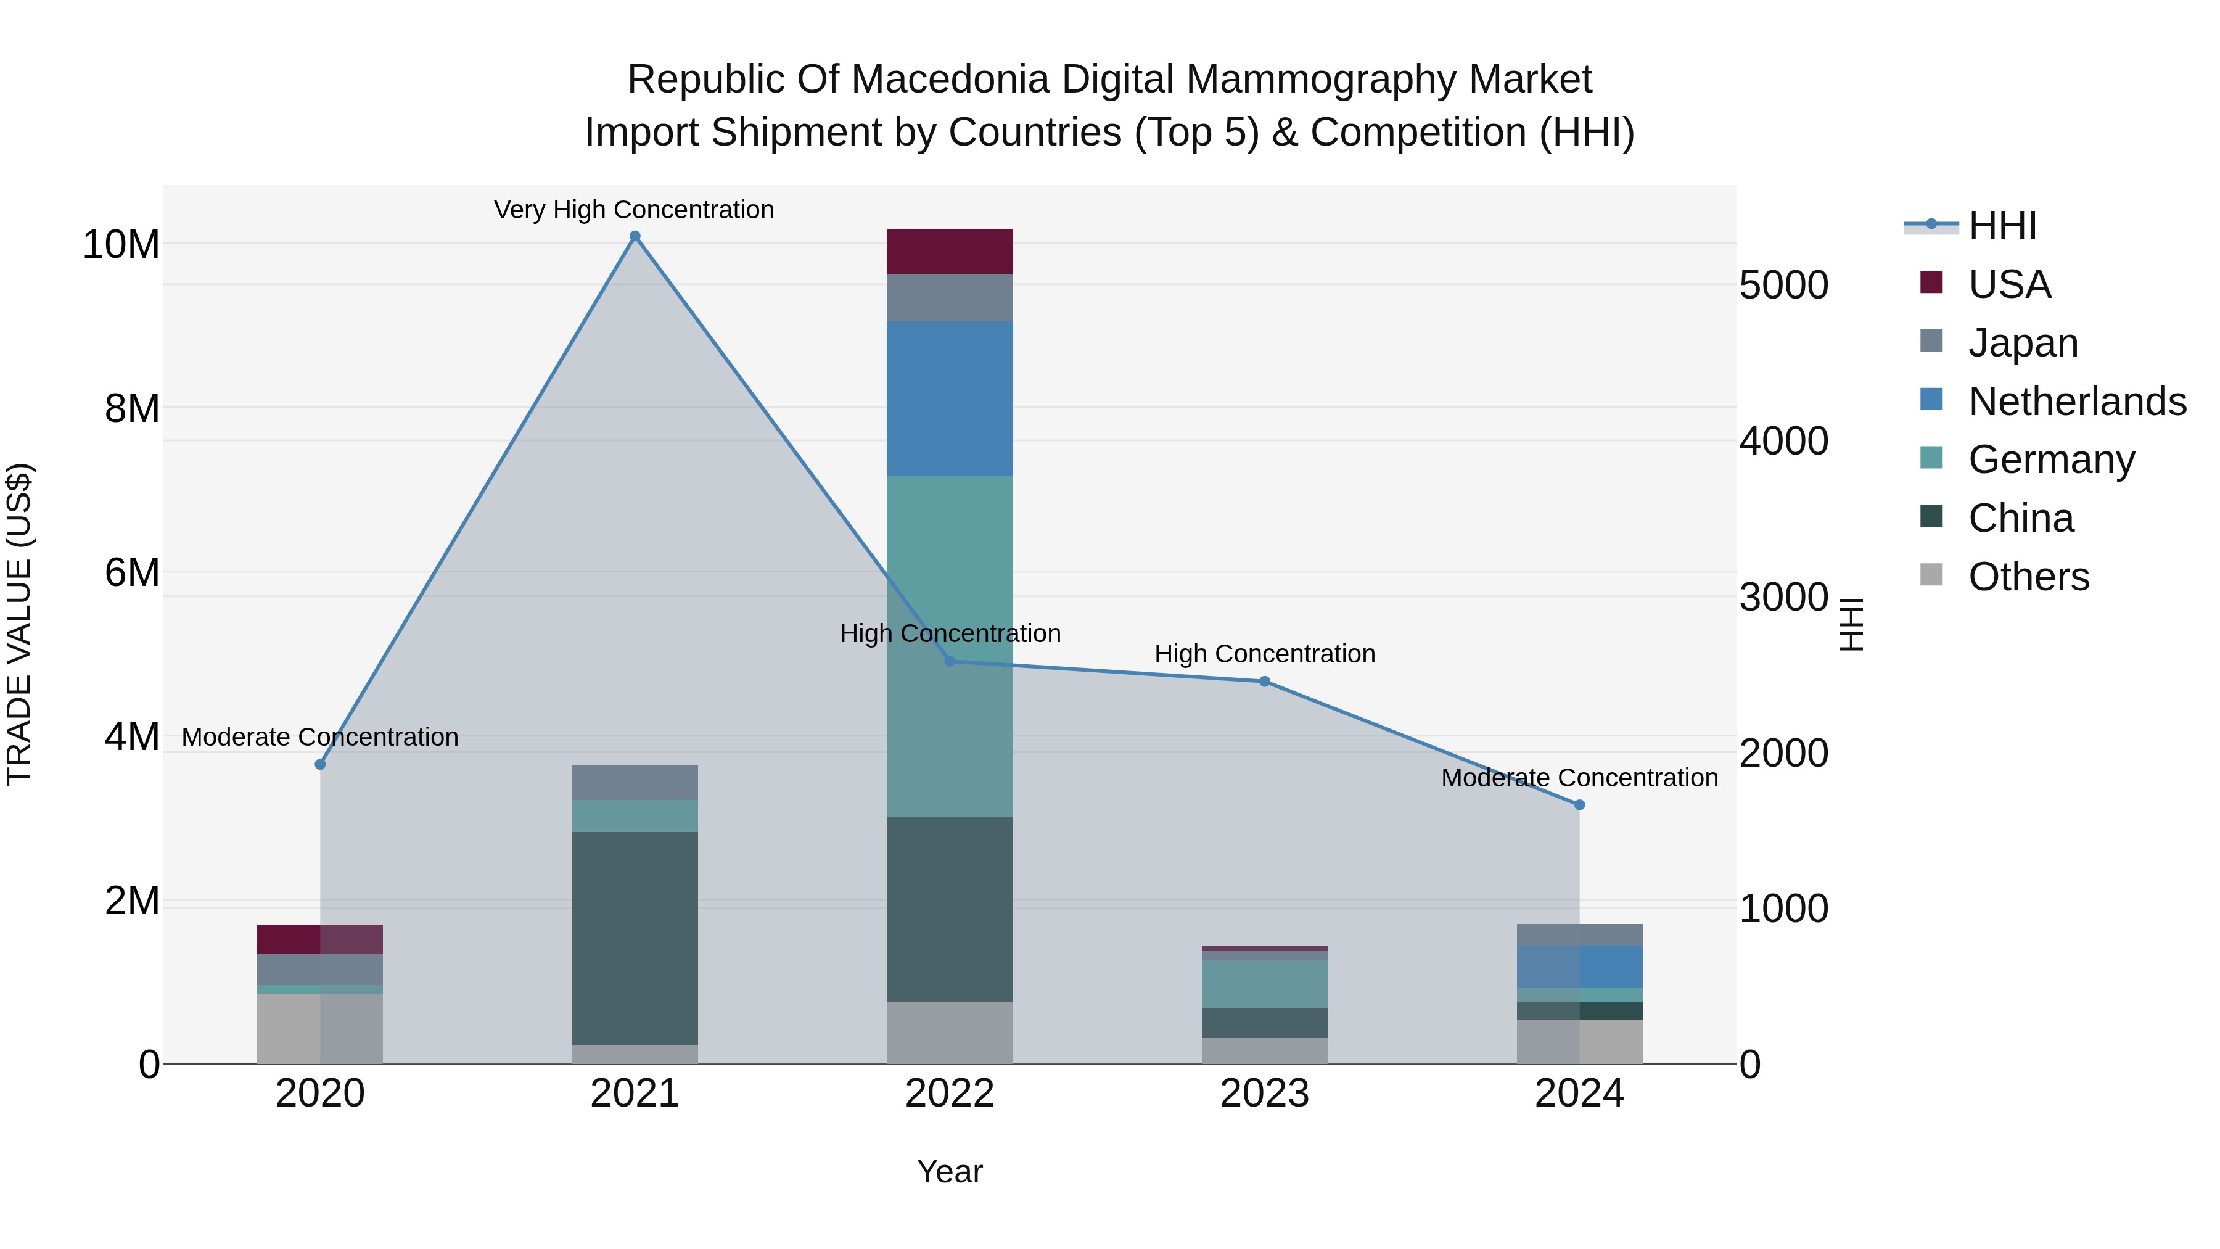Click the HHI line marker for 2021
coord(635,236)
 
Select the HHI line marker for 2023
coord(1264,682)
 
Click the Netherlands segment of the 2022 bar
coord(950,399)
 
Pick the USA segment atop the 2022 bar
coord(950,252)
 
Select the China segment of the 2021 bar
coord(635,938)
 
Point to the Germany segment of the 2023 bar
coord(1264,984)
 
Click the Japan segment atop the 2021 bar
coord(635,783)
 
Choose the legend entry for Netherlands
coord(2077,402)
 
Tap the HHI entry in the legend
coord(2002,226)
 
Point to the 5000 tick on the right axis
coord(1783,286)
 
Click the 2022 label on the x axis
coord(950,1094)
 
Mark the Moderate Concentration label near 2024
coord(1579,778)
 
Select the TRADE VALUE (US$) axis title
coord(20,624)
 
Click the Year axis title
coord(950,1171)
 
